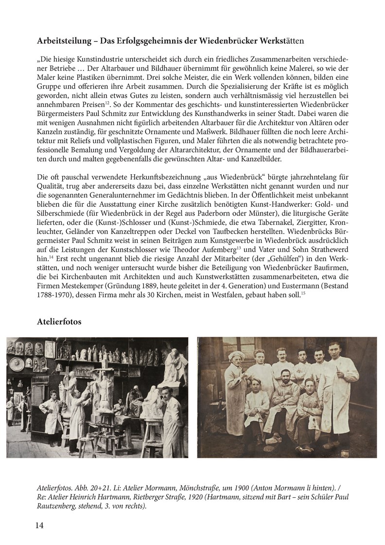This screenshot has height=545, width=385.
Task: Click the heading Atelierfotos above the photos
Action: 59,322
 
